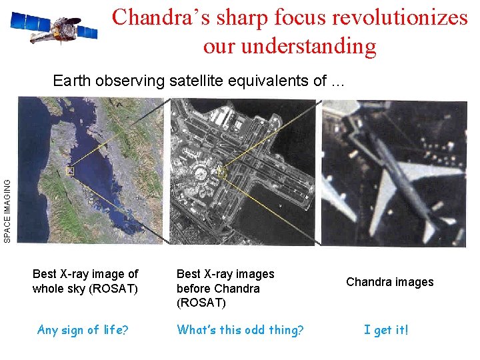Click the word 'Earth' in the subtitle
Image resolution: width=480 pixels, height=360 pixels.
72,81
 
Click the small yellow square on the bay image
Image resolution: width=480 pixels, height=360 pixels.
69,172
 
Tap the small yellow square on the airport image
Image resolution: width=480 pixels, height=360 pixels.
222,174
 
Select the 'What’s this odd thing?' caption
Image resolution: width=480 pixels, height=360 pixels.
239,329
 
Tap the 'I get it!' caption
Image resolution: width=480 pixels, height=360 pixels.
386,329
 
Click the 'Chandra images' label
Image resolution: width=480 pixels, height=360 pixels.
389,282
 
